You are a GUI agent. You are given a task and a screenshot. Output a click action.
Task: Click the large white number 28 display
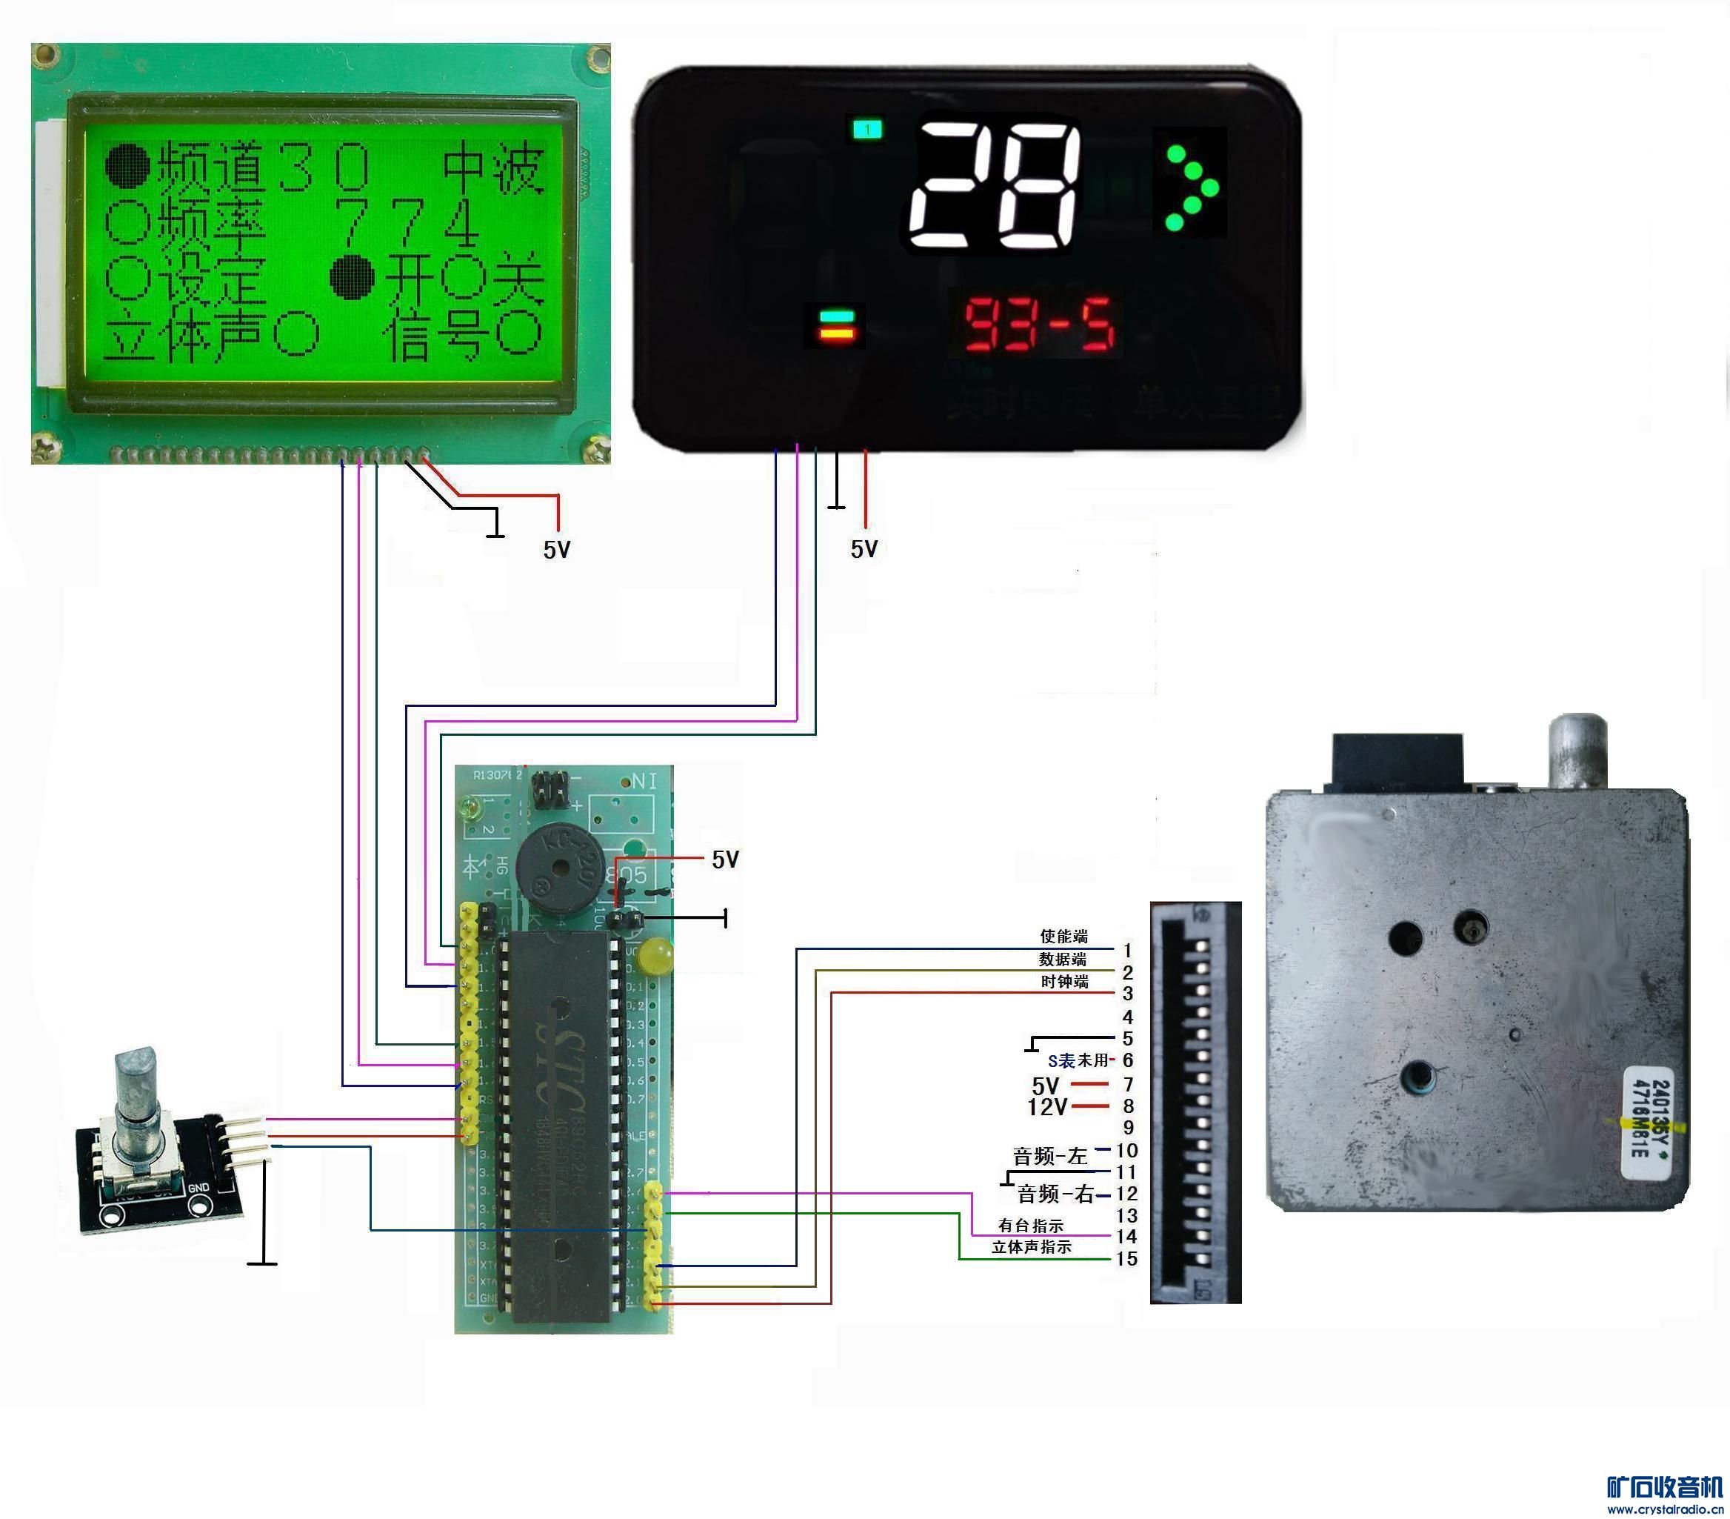pyautogui.click(x=995, y=185)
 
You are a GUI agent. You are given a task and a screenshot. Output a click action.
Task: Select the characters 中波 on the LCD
pyautogui.click(x=493, y=167)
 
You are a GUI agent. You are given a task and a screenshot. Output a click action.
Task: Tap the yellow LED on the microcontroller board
pyautogui.click(x=656, y=956)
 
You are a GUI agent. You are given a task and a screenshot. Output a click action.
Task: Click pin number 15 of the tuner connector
pyautogui.click(x=1126, y=1259)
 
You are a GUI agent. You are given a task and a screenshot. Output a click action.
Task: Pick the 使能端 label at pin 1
pyautogui.click(x=1064, y=936)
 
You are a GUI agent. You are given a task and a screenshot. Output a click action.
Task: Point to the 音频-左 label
pyautogui.click(x=1049, y=1156)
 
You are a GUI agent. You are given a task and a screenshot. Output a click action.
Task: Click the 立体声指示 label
pyautogui.click(x=1032, y=1247)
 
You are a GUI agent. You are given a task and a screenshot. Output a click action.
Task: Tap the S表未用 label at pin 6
pyautogui.click(x=1078, y=1060)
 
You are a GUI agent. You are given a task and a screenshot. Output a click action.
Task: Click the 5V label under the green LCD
pyautogui.click(x=557, y=550)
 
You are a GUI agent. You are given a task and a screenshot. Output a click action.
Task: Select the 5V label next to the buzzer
pyautogui.click(x=725, y=860)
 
